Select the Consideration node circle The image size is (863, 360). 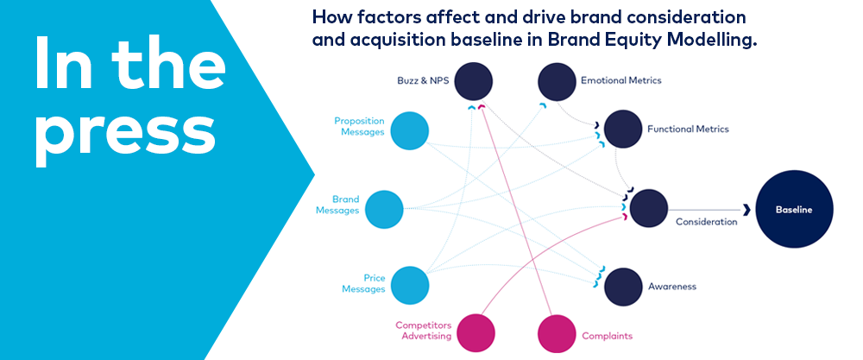pos(648,210)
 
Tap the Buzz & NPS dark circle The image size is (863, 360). pos(473,82)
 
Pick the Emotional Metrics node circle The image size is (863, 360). pos(557,82)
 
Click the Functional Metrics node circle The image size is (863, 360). pos(623,129)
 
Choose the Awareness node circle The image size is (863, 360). pos(623,286)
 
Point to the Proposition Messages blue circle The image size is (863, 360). pos(409,130)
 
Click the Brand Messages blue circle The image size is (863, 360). pos(384,210)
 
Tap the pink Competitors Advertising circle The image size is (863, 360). pos(476,332)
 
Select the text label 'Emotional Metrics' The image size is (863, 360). pos(621,81)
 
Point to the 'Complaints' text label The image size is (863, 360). pos(608,336)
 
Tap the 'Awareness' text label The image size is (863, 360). pos(672,286)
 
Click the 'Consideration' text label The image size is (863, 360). pos(706,222)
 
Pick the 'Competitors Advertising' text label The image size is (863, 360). pos(423,331)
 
